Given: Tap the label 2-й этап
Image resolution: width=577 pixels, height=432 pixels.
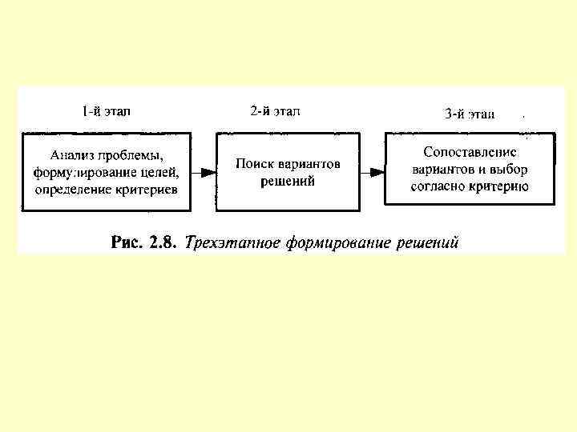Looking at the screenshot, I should [275, 111].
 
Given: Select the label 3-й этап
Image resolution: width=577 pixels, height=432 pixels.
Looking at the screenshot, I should [470, 114].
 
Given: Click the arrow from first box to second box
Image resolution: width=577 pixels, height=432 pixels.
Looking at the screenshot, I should [204, 172].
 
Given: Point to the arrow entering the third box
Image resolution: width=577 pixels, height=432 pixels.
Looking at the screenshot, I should [372, 171].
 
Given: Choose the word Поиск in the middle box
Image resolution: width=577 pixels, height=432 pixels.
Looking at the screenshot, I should [252, 164].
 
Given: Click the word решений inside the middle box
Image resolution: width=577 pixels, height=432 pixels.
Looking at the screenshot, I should [288, 182].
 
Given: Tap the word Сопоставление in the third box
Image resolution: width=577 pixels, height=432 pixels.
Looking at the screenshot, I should [470, 152].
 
